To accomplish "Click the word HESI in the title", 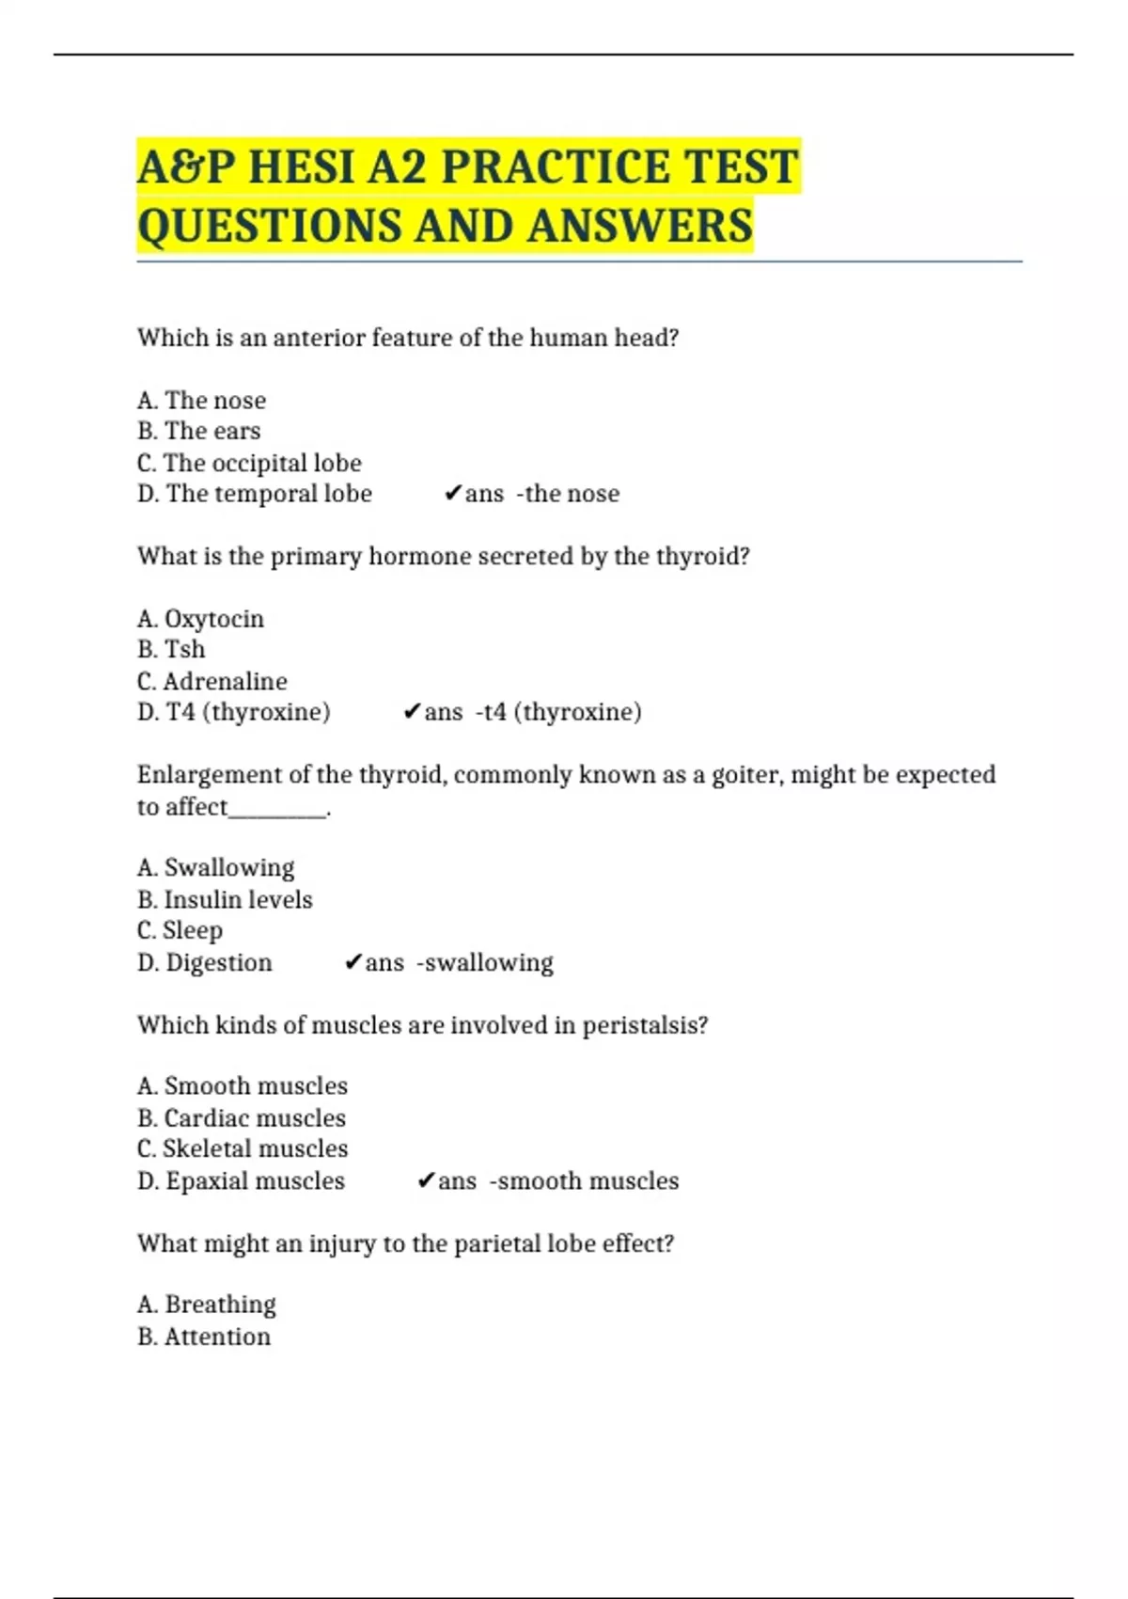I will (302, 167).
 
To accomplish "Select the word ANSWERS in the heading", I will (639, 227).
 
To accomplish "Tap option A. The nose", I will (201, 401).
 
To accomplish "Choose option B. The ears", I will (198, 431).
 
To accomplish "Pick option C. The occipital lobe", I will (249, 463).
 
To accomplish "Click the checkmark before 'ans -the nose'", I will (452, 494).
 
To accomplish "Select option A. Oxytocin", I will (200, 619).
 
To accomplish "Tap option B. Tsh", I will (171, 649).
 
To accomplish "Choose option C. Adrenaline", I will (211, 681).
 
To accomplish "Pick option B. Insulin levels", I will (225, 899).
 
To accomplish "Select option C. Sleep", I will (180, 930).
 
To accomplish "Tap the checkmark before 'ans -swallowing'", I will (352, 962).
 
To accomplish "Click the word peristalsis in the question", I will (645, 1025).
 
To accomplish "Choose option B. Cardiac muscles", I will (242, 1118).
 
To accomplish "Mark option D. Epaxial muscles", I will (241, 1181).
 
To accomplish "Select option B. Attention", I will (204, 1337).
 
